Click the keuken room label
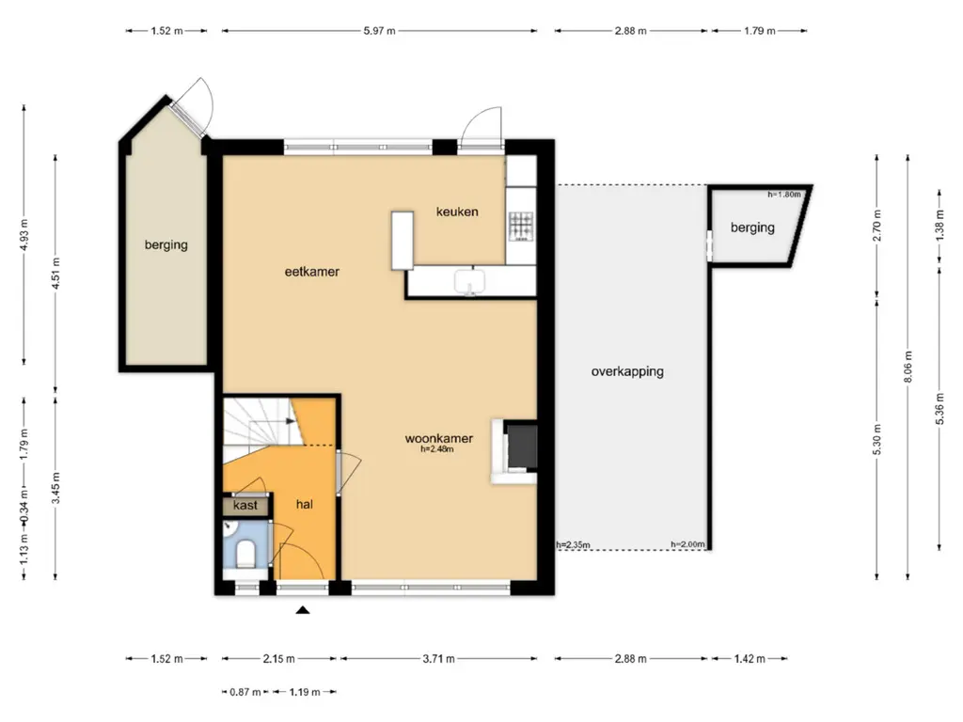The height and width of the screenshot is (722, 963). [x=457, y=212]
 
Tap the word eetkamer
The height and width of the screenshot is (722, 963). [x=312, y=272]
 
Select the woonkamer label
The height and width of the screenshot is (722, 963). [x=439, y=438]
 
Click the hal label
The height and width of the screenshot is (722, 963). [x=305, y=504]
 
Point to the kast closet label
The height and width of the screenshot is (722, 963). [x=245, y=505]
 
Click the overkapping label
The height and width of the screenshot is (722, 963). [x=627, y=371]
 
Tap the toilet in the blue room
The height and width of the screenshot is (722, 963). [x=245, y=553]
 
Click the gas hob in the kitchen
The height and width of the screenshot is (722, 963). [x=521, y=226]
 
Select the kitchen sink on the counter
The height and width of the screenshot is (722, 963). [x=470, y=282]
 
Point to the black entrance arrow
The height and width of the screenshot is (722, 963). [x=303, y=609]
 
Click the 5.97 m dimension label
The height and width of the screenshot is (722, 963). [x=380, y=31]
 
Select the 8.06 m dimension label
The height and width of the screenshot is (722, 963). [x=908, y=367]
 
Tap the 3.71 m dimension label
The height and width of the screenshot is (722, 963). [x=438, y=659]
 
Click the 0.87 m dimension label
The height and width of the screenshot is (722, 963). [x=245, y=692]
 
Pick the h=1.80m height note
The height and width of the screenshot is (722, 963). [x=784, y=195]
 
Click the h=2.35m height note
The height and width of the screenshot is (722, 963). [x=573, y=544]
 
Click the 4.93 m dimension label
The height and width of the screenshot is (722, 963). [x=24, y=234]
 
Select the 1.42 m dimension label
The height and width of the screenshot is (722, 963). [x=750, y=659]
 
